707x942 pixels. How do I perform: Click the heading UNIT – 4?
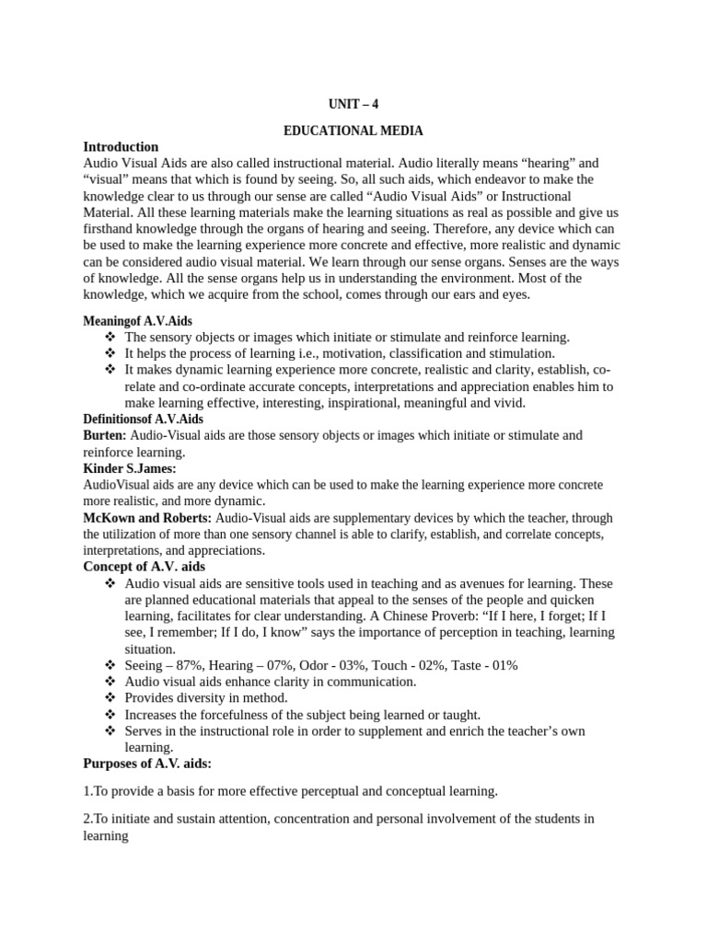[353, 104]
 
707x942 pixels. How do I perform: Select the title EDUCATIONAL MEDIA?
[353, 131]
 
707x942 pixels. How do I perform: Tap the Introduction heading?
[121, 146]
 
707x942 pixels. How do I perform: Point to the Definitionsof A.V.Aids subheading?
[143, 419]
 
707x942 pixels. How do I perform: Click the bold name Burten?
[105, 435]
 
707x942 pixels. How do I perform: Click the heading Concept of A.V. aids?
[145, 567]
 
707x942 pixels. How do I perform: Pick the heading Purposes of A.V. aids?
[147, 764]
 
